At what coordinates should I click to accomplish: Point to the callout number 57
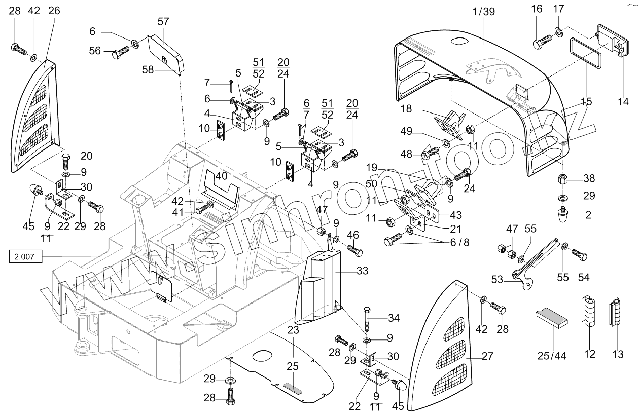(x=163, y=21)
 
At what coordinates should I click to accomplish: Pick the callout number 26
(x=54, y=11)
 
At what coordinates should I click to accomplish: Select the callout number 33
(x=362, y=271)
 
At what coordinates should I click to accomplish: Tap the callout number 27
(x=487, y=356)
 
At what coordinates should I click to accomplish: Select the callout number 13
(x=617, y=354)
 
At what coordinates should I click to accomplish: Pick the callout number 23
(x=293, y=329)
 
